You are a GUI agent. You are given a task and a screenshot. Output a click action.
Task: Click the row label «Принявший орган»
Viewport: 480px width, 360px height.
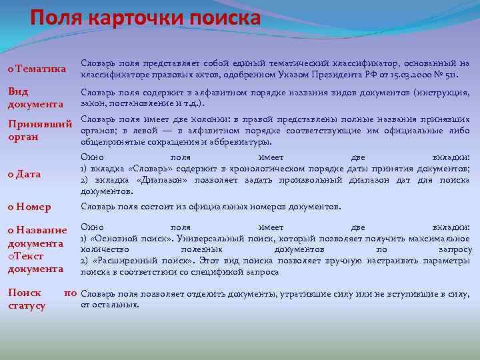(39, 130)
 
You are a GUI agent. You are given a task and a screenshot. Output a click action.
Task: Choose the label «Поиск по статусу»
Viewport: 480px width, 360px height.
(40, 299)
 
